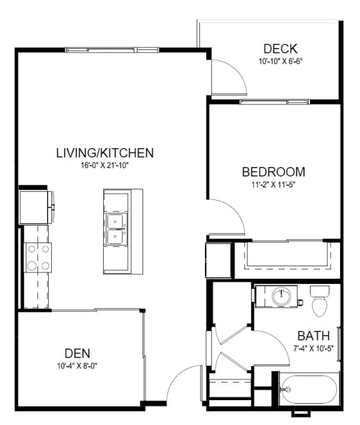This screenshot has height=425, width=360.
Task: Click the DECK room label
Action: (x=280, y=49)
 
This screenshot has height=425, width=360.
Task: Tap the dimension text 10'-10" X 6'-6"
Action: (x=280, y=61)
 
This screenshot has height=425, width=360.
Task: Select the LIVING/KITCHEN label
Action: (x=105, y=153)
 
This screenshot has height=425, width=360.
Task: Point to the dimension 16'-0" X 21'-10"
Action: (x=104, y=166)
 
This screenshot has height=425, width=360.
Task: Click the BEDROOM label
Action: (x=274, y=172)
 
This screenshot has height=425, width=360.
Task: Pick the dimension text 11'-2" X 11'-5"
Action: (x=273, y=185)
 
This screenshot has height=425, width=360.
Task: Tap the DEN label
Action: (x=77, y=354)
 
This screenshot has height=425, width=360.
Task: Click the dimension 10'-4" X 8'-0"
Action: (x=77, y=366)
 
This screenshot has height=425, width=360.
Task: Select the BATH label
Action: (x=313, y=336)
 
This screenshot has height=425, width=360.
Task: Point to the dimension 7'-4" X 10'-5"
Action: (x=313, y=348)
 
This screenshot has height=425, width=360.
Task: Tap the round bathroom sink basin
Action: (x=282, y=296)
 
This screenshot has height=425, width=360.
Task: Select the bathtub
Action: (x=309, y=389)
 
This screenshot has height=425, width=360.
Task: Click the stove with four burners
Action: (x=38, y=257)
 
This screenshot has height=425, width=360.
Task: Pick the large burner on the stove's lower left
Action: (x=32, y=266)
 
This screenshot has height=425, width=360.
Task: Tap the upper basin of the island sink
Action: (x=115, y=221)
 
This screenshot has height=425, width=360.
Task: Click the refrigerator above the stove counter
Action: (x=35, y=207)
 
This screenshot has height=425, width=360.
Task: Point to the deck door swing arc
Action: (x=237, y=71)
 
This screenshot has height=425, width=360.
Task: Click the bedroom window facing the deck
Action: (x=274, y=102)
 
